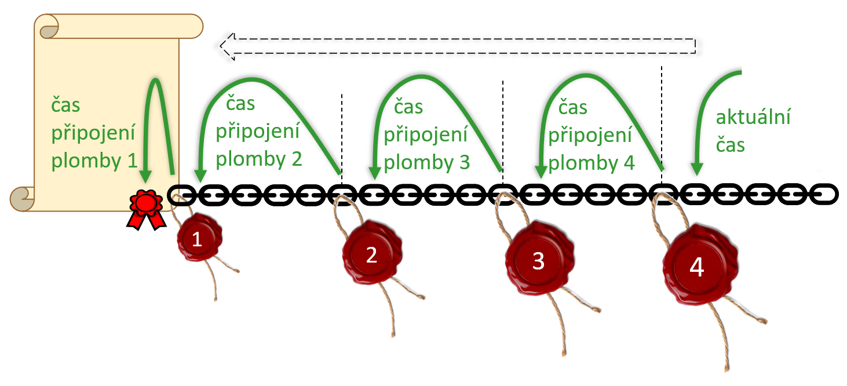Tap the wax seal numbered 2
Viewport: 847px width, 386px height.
pos(371,254)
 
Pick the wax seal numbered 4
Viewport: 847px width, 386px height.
pos(697,267)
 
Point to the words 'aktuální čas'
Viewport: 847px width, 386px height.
pos(753,130)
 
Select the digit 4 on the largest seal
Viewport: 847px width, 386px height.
pos(697,267)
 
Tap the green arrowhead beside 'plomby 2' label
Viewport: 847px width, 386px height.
pos(200,174)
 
